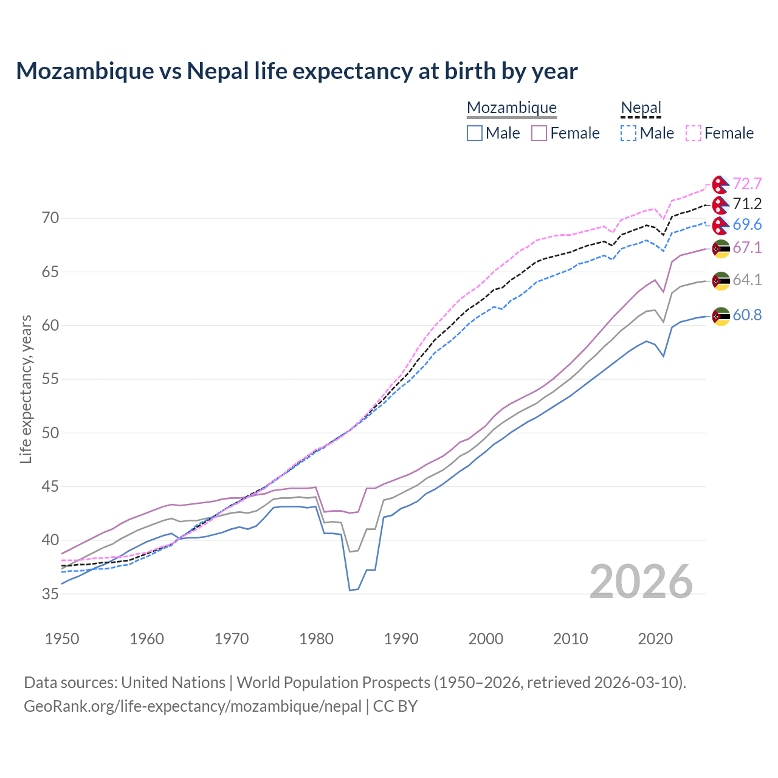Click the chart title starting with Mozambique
pyautogui.click(x=297, y=71)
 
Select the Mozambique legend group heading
pyautogui.click(x=512, y=108)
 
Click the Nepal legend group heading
pyautogui.click(x=641, y=108)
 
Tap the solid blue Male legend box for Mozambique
pyautogui.click(x=475, y=133)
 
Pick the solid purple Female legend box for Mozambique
pyautogui.click(x=540, y=133)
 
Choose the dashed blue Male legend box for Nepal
pyautogui.click(x=628, y=133)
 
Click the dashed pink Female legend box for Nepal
pyautogui.click(x=694, y=133)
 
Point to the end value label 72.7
pyautogui.click(x=747, y=184)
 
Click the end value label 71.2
pyautogui.click(x=747, y=204)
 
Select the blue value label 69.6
pyautogui.click(x=747, y=224)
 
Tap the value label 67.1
pyautogui.click(x=747, y=247)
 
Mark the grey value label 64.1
pyautogui.click(x=747, y=280)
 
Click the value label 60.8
pyautogui.click(x=747, y=315)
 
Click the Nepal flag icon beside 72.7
pyautogui.click(x=721, y=184)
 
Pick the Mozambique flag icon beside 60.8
pyautogui.click(x=721, y=316)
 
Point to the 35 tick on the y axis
pyautogui.click(x=50, y=594)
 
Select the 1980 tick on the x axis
pyautogui.click(x=317, y=639)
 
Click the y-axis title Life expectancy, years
pyautogui.click(x=26, y=389)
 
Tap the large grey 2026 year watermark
pyautogui.click(x=641, y=582)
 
